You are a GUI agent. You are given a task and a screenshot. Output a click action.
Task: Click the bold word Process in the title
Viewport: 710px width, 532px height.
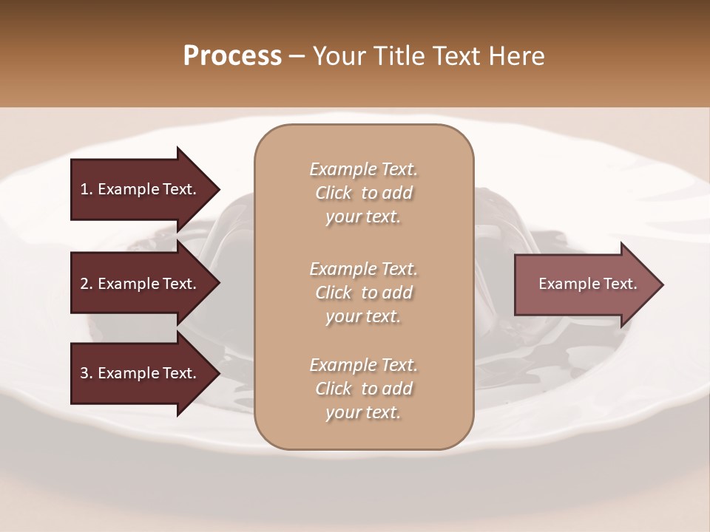coord(232,56)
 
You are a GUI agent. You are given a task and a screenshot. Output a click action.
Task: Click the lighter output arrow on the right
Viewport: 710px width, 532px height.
coord(584,284)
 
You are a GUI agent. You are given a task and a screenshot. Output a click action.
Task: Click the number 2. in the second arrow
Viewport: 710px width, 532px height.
coord(87,284)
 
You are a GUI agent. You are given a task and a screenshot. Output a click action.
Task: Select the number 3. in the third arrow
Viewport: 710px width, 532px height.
coord(87,373)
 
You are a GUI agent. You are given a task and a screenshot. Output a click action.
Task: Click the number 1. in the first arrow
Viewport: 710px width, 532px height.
coord(87,189)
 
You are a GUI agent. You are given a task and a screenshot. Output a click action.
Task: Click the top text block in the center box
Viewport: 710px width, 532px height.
coord(363,193)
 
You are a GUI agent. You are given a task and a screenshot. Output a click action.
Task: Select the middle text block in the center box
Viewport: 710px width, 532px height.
coord(363,293)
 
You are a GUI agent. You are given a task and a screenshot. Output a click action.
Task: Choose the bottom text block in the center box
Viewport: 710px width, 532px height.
coord(363,389)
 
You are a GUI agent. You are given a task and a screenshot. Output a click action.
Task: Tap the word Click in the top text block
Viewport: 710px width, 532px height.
coord(334,193)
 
